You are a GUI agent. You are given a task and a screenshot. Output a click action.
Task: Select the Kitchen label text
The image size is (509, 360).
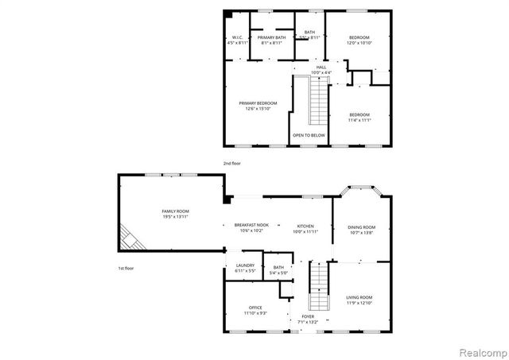coord(305,225)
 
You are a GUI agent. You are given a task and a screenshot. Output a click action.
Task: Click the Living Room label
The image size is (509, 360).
coord(359,297)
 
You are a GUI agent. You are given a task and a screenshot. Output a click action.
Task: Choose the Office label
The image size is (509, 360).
coord(255,308)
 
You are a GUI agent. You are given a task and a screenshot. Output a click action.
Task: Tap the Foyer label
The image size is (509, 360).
coord(309,316)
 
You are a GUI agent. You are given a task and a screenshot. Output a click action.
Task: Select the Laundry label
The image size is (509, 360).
coord(244,266)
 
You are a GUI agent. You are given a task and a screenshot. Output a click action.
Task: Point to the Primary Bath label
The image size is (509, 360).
coord(270,37)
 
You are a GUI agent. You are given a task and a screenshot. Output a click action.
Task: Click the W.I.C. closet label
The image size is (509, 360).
coord(237,37)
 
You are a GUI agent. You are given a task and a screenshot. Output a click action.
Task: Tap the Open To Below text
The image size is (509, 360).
coord(309,135)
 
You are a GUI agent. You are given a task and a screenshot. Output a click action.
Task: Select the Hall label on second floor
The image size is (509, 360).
coord(321,68)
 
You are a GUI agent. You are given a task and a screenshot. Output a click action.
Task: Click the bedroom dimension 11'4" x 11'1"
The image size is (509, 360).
coord(359,121)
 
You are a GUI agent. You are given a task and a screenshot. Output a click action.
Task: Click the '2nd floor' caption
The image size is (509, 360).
coord(231,162)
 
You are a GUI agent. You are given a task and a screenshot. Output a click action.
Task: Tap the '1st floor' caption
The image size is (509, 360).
coord(126,268)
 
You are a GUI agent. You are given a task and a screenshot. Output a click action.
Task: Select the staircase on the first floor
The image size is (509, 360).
coord(319,278)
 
